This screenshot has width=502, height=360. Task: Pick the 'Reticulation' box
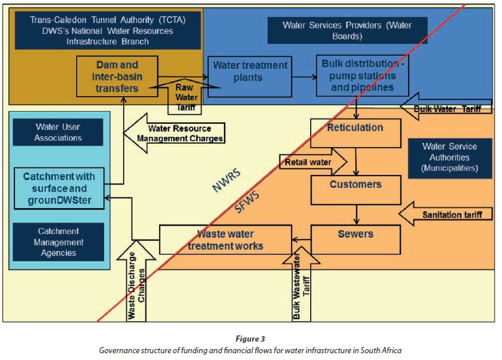(x=355, y=128)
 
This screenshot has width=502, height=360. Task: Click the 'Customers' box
(x=355, y=184)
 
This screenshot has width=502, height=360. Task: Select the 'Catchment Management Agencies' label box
(x=58, y=242)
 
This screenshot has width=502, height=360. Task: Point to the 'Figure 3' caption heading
(x=250, y=338)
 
